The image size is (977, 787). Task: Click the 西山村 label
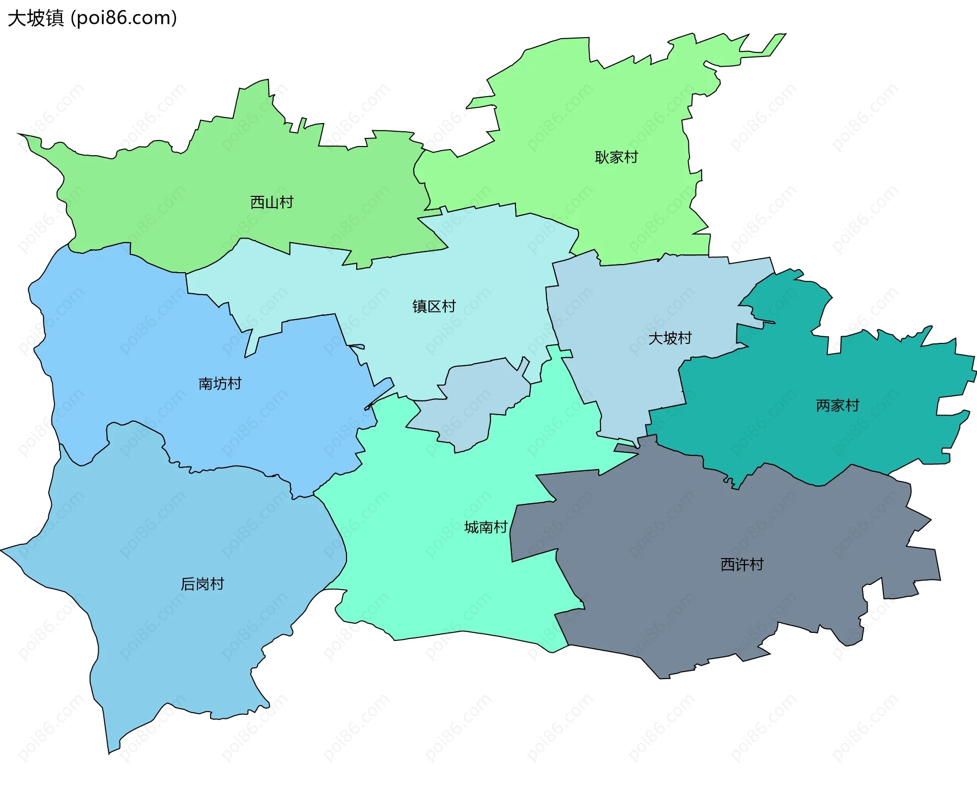(272, 202)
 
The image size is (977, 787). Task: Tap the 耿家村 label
(616, 157)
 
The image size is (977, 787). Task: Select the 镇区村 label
(434, 306)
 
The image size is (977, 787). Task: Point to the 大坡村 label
(670, 338)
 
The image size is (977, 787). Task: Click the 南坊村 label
(220, 384)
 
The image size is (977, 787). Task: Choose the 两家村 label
(837, 405)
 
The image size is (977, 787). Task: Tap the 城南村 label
(486, 527)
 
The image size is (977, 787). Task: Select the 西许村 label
(741, 564)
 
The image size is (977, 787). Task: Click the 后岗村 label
(202, 584)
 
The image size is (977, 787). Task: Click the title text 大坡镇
(36, 18)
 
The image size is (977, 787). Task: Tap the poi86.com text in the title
(124, 18)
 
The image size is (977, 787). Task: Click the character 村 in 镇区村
(449, 306)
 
